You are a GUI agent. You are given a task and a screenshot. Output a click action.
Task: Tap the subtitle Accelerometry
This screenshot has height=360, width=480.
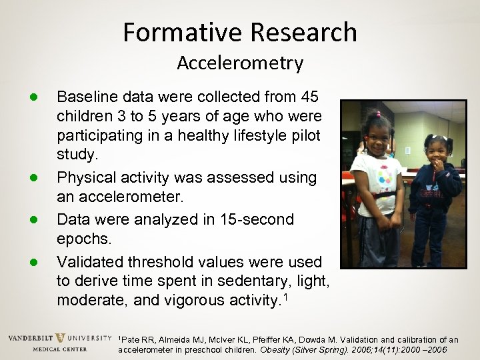click(240, 63)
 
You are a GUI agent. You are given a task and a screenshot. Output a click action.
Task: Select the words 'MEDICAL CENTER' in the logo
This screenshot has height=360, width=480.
click(59, 349)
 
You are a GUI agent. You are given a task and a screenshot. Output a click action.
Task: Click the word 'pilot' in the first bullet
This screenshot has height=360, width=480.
click(304, 136)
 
